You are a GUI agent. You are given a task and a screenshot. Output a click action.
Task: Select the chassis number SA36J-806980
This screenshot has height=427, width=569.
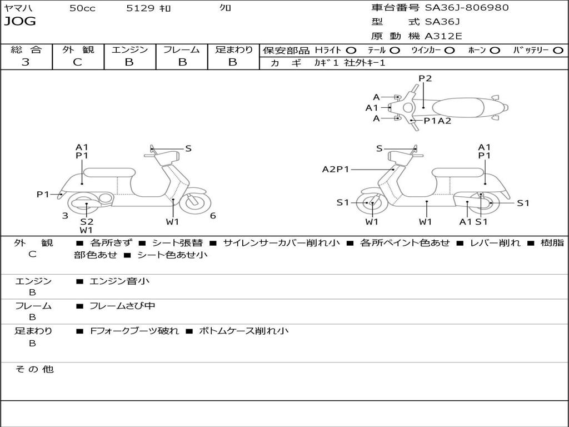point(467,8)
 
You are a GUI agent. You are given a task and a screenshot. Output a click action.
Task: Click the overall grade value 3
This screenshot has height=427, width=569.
point(26,62)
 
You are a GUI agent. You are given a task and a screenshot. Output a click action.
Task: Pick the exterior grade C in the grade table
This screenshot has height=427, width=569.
point(77,62)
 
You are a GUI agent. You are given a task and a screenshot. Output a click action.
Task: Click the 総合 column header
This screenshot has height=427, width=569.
point(26,50)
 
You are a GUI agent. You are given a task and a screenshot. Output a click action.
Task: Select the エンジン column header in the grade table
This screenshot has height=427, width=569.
point(129,50)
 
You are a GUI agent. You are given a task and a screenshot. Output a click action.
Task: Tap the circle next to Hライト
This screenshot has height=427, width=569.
point(351,51)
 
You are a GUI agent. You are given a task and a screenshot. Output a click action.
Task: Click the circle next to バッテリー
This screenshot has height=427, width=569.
point(558,51)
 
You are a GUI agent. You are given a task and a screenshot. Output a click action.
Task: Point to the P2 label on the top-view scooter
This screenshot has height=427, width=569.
point(425,78)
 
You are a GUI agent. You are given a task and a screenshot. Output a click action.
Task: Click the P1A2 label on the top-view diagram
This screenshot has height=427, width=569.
point(437,121)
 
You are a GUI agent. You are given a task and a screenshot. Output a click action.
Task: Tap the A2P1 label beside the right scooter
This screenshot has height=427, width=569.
point(336,169)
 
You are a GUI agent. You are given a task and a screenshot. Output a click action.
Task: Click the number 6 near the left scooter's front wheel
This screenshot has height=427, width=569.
point(213,216)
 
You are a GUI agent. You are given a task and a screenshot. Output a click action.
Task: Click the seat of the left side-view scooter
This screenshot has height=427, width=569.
point(110,172)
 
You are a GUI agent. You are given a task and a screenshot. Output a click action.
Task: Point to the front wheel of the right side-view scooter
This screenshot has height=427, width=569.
point(372,203)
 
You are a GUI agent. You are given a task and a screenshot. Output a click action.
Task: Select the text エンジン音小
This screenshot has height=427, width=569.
point(119,281)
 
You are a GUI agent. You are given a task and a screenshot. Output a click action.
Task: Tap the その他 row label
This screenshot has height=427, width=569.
point(33,369)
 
